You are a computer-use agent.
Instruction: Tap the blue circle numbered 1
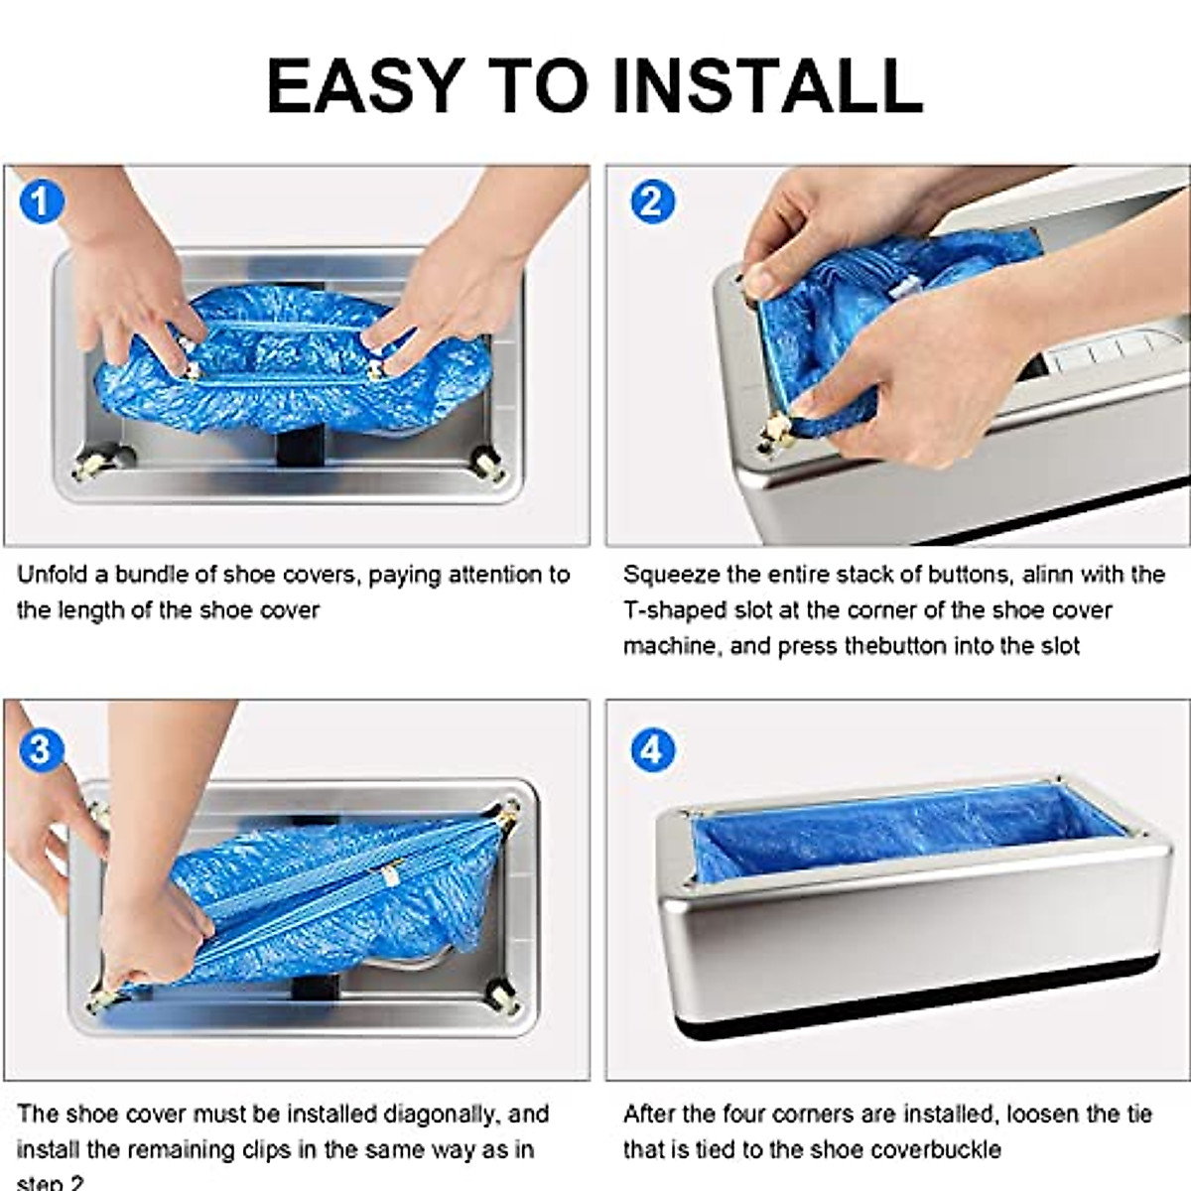[x=41, y=201]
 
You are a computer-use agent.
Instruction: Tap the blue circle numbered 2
[x=651, y=201]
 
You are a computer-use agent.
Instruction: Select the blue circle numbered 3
[x=41, y=748]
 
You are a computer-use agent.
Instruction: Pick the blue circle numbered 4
[x=651, y=750]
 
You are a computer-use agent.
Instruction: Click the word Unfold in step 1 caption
[x=53, y=575]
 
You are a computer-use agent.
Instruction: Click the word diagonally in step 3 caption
[x=444, y=1114]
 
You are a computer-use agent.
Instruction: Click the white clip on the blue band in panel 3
[x=388, y=876]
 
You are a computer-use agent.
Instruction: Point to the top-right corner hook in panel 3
[x=509, y=812]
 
